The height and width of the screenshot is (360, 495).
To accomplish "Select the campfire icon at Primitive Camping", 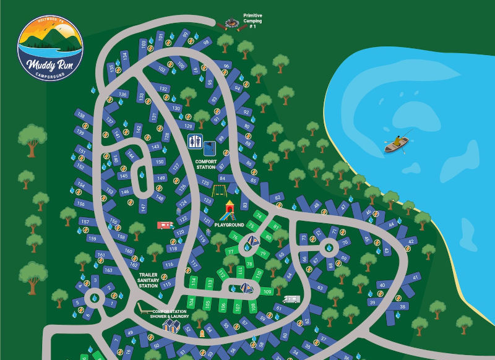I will click(x=231, y=24).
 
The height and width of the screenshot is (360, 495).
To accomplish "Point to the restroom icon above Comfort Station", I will click(x=195, y=141).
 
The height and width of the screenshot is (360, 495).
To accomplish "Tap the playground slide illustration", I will click(x=230, y=210).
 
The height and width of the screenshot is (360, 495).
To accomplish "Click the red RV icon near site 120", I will click(x=165, y=225).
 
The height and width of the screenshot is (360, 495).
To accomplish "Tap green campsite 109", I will click(x=267, y=291).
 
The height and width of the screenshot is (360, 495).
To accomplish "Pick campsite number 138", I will click(x=80, y=116).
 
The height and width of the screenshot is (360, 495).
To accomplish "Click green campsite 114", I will click(x=193, y=282).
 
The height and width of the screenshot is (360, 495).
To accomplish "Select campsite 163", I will click(x=108, y=270).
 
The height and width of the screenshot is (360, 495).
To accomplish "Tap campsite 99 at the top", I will click(x=184, y=35).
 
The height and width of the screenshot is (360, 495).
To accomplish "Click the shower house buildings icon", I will click(x=171, y=325).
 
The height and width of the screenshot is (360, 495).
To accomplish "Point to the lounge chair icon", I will click(x=144, y=307).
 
